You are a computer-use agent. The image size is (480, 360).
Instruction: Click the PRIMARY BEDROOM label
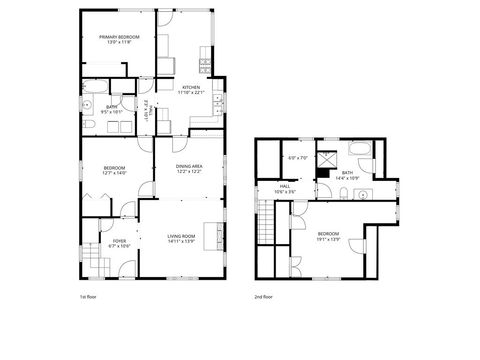tap(119, 37)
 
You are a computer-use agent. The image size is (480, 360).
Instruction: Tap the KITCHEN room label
tap(191, 88)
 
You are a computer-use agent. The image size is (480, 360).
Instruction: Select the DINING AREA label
tap(190, 166)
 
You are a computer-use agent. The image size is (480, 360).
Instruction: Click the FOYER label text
tap(119, 241)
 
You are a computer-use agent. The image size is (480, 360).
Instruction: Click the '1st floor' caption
tap(88, 297)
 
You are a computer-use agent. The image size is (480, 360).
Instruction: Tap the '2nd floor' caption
tap(264, 297)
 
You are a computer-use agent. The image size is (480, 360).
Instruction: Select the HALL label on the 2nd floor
tap(285, 186)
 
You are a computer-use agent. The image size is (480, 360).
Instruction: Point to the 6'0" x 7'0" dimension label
tap(297, 158)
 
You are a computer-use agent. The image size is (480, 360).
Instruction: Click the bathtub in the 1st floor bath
tap(86, 92)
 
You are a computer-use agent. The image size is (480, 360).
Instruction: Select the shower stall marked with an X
tap(327, 158)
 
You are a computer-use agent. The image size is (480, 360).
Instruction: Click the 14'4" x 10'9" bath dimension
tap(347, 178)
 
